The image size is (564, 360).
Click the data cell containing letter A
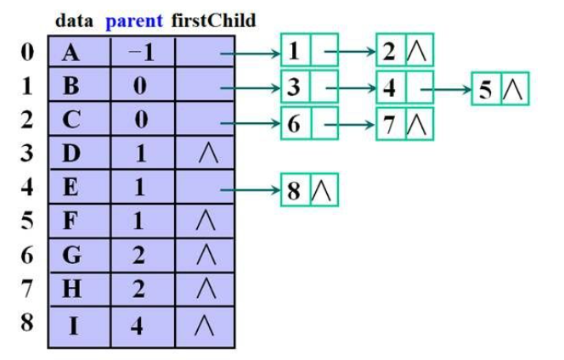tap(73, 53)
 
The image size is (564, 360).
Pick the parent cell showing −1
tap(140, 53)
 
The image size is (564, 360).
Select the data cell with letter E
tap(73, 188)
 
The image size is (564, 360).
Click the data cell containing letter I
tap(74, 325)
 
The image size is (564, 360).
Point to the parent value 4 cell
tap(140, 325)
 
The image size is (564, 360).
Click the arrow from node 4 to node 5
tap(449, 87)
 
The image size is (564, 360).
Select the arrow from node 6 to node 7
tap(352, 122)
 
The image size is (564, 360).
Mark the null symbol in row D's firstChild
tap(204, 155)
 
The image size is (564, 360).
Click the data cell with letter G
tap(73, 256)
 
